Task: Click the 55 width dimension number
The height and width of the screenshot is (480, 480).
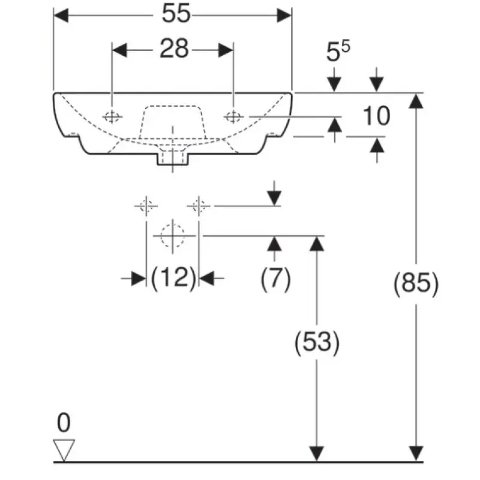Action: click(176, 13)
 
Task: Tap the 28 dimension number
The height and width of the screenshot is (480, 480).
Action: click(174, 49)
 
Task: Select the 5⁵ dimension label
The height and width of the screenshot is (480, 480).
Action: click(338, 51)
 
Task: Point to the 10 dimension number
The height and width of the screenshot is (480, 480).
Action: click(377, 116)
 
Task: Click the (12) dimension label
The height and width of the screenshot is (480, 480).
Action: click(173, 278)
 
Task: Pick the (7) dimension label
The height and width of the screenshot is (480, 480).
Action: click(275, 278)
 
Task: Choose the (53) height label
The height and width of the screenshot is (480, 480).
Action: click(317, 342)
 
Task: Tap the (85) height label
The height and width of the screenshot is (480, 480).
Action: click(416, 283)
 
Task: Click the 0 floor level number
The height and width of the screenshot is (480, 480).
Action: click(64, 422)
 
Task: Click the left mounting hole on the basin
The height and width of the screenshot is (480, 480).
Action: click(112, 116)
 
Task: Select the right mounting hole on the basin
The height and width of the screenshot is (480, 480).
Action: click(233, 116)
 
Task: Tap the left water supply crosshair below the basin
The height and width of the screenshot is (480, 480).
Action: click(146, 206)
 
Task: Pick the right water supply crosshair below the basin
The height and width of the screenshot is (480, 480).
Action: click(199, 206)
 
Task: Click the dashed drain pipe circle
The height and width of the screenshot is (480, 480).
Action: click(173, 236)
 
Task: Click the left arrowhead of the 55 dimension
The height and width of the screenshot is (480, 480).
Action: click(61, 16)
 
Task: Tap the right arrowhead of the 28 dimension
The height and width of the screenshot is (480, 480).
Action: click(226, 50)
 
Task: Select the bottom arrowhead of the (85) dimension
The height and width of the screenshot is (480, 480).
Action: click(416, 453)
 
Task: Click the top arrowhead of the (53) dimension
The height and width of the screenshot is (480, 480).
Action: click(317, 244)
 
